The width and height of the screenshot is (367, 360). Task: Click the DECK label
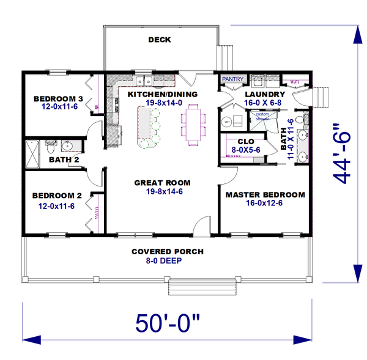point(159,40)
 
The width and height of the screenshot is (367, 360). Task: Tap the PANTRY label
point(232,79)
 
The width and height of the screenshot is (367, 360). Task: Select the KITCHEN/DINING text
point(162,94)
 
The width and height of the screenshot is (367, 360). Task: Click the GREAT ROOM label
point(162,182)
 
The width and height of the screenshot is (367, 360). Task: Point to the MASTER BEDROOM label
point(265,195)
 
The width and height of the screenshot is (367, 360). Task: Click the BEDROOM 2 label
point(57,196)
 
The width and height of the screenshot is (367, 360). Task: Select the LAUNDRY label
point(264,94)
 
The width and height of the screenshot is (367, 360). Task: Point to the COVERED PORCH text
point(168,252)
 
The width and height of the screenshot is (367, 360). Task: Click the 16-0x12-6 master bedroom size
point(265,204)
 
